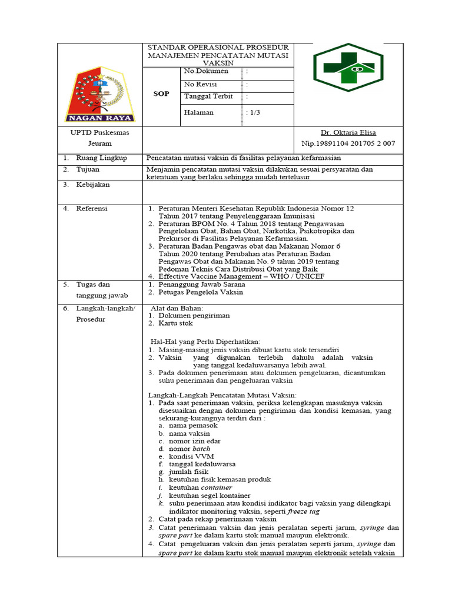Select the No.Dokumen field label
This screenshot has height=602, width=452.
tap(206, 71)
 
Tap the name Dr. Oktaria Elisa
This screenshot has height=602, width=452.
tap(348, 132)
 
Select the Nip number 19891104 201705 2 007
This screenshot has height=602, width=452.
tap(348, 143)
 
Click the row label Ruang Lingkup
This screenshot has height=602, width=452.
tap(96, 158)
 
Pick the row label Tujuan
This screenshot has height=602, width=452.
tap(88, 169)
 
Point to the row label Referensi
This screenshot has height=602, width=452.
tap(92, 208)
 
